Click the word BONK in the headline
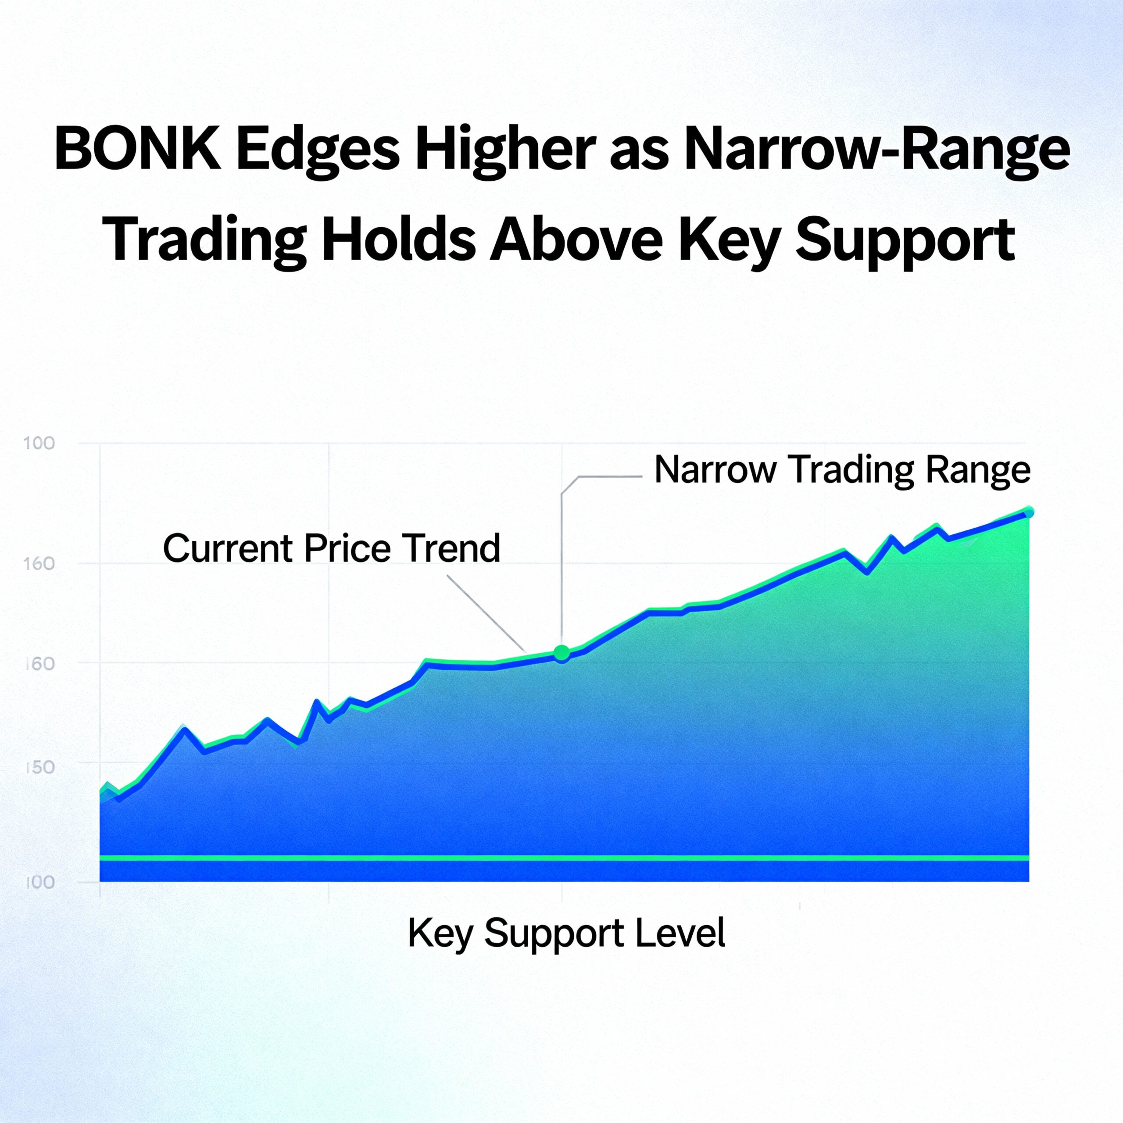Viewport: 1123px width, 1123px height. pos(137,150)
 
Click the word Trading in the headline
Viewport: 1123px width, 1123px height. pos(207,243)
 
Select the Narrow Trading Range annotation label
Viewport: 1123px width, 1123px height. pos(842,470)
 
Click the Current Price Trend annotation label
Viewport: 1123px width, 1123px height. pos(331,548)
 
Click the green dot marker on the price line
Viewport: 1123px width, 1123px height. pos(561,653)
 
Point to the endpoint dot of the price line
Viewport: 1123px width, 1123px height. pos(1028,512)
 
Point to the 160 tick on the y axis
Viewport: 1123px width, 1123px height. pos(39,563)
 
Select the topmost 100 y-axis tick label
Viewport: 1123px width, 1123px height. pos(39,443)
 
